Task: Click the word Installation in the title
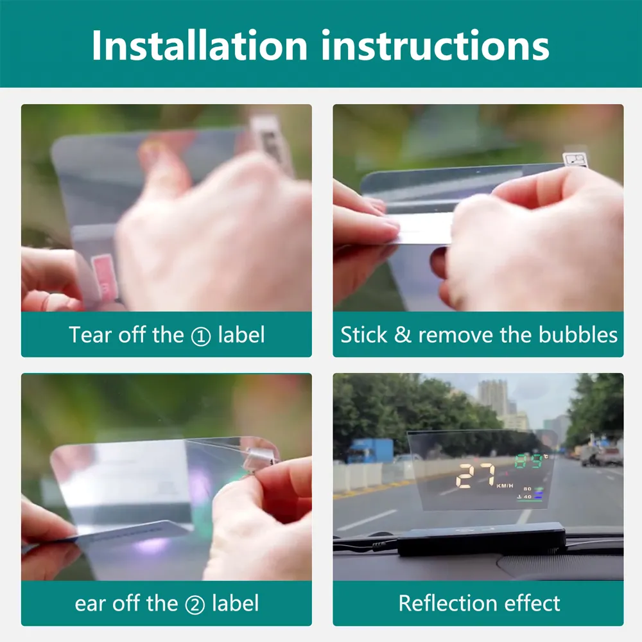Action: [200, 45]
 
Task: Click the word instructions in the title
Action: [435, 46]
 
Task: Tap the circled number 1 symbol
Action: [200, 336]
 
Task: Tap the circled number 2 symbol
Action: [195, 605]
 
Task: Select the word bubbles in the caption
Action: [578, 334]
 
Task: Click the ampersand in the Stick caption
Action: [403, 335]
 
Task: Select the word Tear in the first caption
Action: [90, 334]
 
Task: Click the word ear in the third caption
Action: [90, 604]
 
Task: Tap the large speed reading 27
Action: [476, 475]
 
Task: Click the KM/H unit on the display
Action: [505, 485]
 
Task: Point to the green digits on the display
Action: [528, 462]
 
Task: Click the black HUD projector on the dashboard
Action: [481, 539]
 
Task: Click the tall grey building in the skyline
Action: [493, 397]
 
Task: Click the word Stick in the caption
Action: [363, 334]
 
